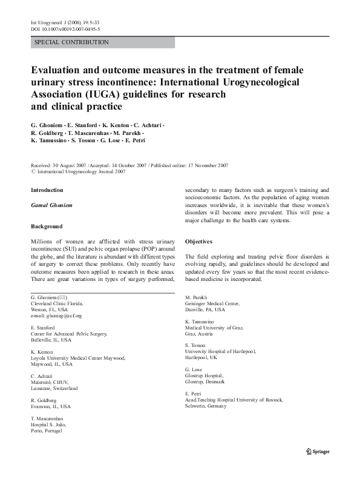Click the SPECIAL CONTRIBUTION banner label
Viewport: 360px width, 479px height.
point(72,42)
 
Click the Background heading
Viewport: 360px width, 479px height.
point(47,226)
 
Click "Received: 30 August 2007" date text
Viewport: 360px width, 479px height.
point(65,165)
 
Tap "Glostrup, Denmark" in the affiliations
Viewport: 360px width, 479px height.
point(205,382)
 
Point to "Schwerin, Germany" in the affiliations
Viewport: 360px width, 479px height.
point(206,406)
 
